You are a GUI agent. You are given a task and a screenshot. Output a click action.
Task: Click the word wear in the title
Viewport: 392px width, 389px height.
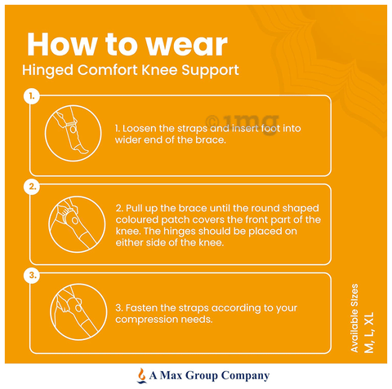click(186, 45)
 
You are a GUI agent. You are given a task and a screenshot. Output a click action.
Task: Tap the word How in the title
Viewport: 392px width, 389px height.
click(62, 44)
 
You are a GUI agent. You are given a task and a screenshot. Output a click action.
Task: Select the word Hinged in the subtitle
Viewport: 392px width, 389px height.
click(47, 71)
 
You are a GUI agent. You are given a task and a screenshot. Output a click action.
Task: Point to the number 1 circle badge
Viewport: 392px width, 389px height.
click(32, 96)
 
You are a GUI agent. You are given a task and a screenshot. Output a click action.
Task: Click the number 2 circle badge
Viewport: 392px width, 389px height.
click(32, 187)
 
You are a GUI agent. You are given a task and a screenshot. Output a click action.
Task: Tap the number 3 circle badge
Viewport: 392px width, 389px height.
click(32, 276)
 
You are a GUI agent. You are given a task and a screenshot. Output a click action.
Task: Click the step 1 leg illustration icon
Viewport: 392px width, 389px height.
click(73, 133)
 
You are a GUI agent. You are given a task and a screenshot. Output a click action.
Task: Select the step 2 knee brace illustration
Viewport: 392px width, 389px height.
click(77, 224)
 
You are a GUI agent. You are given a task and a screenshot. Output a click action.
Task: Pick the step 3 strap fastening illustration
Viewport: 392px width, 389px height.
click(78, 312)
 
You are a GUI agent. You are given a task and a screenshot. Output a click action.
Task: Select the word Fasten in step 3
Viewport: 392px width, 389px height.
click(141, 308)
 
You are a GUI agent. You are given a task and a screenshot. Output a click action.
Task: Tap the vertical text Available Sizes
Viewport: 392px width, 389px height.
click(354, 318)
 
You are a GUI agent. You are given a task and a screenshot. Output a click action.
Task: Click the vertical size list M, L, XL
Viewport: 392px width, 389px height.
click(369, 333)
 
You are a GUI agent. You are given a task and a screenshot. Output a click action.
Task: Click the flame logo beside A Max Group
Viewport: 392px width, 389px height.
click(141, 375)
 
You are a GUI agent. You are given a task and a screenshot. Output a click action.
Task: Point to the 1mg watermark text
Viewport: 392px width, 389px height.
click(243, 122)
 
